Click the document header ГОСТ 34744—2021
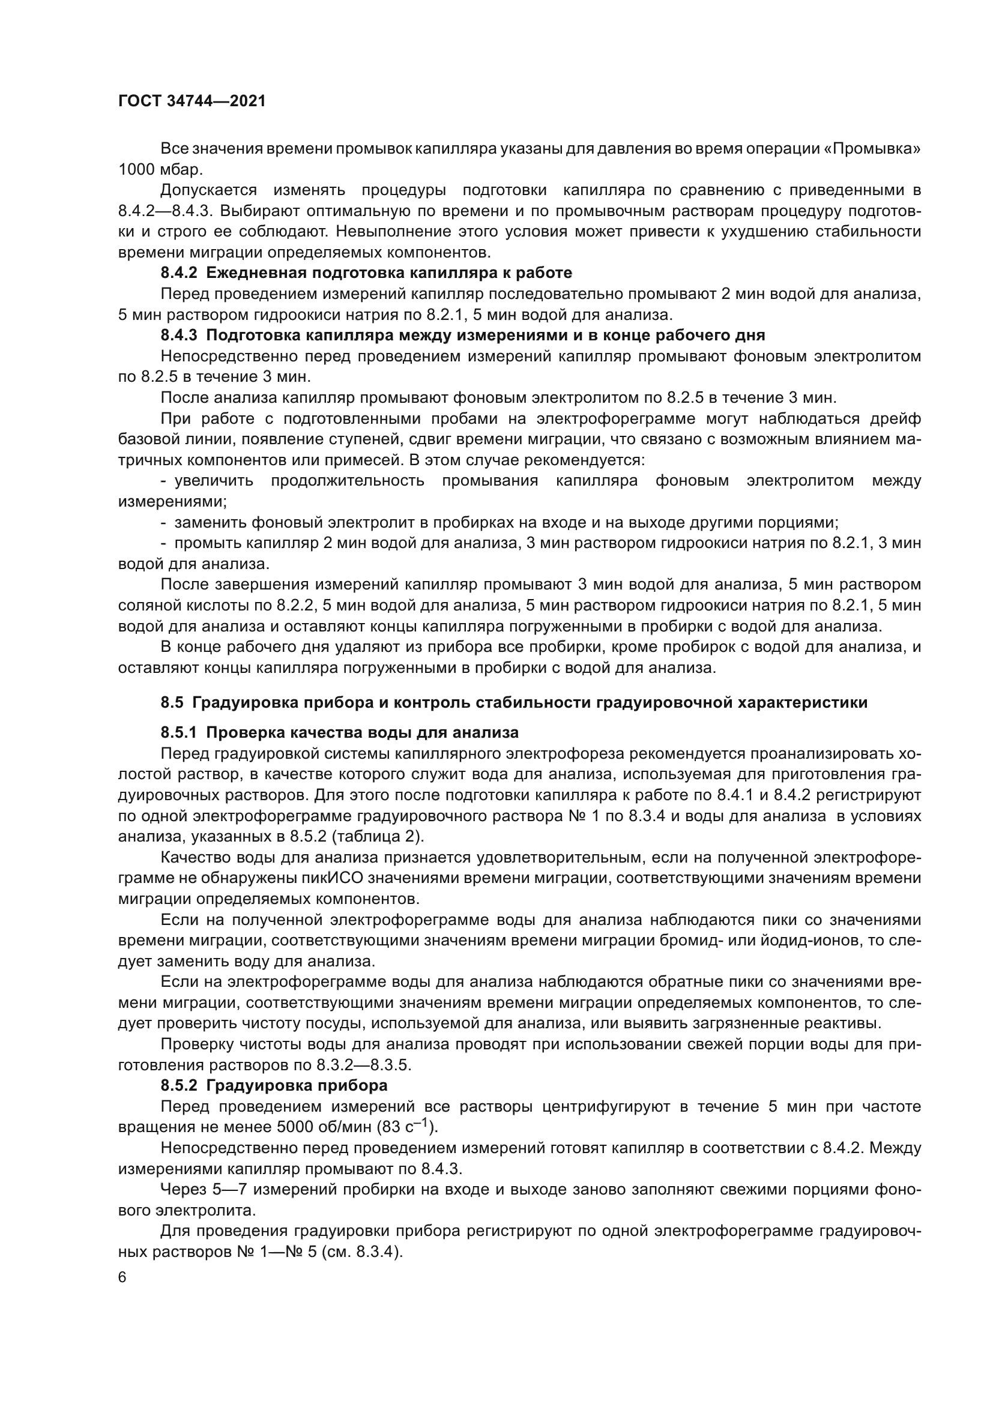pyautogui.click(x=192, y=101)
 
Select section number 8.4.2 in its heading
pyautogui.click(x=179, y=273)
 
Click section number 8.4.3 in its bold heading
pyautogui.click(x=179, y=335)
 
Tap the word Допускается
pyautogui.click(x=208, y=190)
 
